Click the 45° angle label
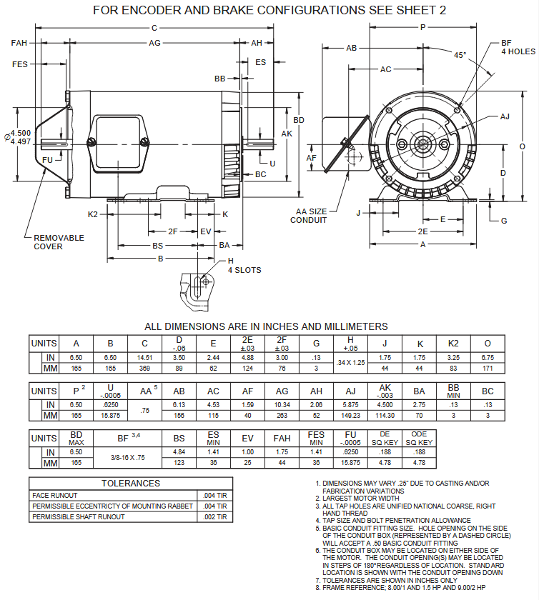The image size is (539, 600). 459,55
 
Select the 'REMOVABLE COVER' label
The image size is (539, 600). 59,242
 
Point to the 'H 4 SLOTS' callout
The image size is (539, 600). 244,266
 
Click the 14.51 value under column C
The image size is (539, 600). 145,356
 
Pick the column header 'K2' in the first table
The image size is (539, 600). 453,343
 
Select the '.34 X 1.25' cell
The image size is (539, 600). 350,362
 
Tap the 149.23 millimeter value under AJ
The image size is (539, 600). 350,416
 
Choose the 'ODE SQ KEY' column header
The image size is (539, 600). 419,438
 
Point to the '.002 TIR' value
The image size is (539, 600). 214,516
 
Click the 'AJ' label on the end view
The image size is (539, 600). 505,116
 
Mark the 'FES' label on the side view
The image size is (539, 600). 19,64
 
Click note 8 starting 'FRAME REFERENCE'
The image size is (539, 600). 404,587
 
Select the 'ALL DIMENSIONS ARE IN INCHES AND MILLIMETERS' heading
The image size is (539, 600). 266,326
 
